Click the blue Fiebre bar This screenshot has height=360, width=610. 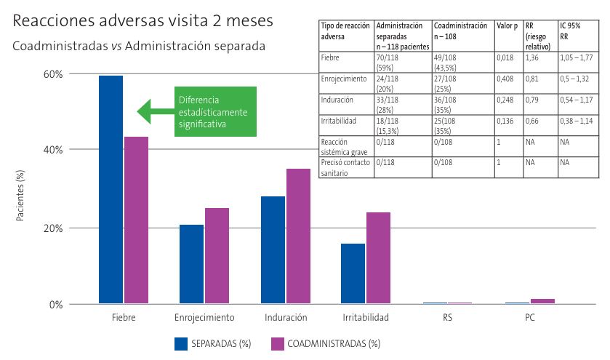click(111, 190)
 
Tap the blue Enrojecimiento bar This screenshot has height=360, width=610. click(192, 264)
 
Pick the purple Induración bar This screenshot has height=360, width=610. click(298, 236)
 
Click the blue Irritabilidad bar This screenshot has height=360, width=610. click(353, 273)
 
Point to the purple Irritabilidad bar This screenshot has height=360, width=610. click(378, 258)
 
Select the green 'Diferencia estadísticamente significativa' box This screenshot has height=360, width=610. click(215, 111)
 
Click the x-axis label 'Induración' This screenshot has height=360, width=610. click(286, 318)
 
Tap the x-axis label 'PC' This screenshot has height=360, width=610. click(530, 318)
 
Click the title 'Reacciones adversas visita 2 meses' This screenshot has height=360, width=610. click(143, 21)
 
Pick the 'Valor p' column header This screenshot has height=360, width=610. click(507, 25)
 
